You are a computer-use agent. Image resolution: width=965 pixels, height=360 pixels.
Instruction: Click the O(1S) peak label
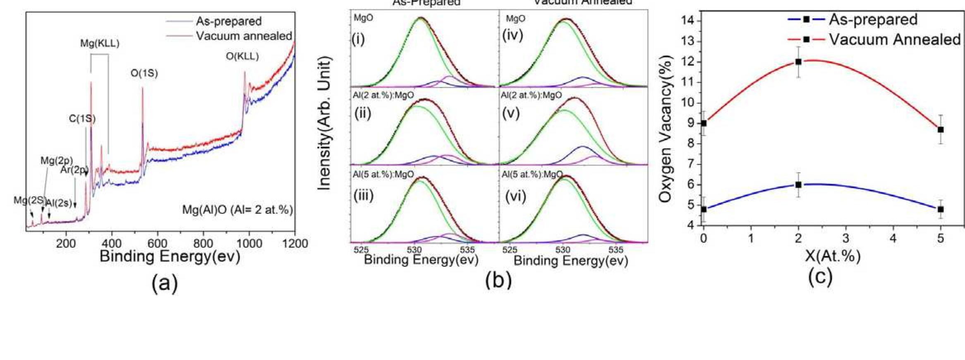click(144, 74)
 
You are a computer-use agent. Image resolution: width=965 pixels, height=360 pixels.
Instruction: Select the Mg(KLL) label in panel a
click(100, 43)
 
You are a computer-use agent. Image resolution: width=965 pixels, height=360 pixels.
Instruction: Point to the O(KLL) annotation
click(242, 57)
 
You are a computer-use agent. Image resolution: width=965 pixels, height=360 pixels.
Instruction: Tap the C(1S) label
click(82, 119)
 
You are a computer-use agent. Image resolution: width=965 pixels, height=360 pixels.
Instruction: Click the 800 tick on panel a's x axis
click(203, 243)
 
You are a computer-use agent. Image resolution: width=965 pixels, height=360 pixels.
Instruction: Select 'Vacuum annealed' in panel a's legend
click(244, 36)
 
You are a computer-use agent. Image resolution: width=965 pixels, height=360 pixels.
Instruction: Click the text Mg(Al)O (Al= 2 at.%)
click(237, 210)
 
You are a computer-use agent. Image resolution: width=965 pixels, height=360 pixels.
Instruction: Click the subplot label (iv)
click(512, 35)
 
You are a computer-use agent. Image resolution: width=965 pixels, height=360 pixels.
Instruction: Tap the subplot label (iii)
click(364, 195)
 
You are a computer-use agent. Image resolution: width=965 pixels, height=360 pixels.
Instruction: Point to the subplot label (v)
click(510, 113)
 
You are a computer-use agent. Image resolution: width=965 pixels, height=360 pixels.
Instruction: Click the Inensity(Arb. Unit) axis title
click(325, 123)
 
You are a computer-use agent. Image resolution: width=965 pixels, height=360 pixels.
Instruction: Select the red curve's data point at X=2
click(798, 62)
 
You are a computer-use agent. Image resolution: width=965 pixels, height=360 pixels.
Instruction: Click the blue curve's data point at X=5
click(941, 209)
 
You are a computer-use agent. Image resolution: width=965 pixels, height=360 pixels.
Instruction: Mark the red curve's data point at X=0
click(704, 123)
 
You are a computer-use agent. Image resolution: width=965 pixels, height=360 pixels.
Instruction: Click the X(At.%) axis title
click(833, 256)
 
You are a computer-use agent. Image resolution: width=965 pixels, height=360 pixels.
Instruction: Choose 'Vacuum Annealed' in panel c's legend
click(894, 40)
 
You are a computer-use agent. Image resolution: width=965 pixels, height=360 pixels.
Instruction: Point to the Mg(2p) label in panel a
click(57, 161)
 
